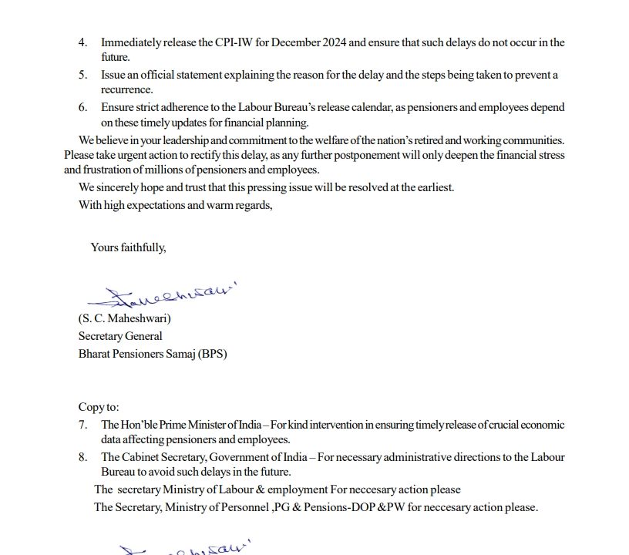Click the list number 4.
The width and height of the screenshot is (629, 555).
point(82,42)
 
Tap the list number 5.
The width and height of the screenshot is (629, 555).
point(82,76)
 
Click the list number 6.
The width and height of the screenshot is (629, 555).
point(82,108)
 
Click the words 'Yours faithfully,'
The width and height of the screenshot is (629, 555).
point(129,247)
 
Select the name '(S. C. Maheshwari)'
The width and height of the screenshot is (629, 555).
point(125,318)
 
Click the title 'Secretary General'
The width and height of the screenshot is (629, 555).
point(120,336)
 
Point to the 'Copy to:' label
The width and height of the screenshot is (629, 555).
point(99,407)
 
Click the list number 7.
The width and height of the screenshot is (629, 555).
point(82,425)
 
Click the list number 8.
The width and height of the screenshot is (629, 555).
point(82,457)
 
